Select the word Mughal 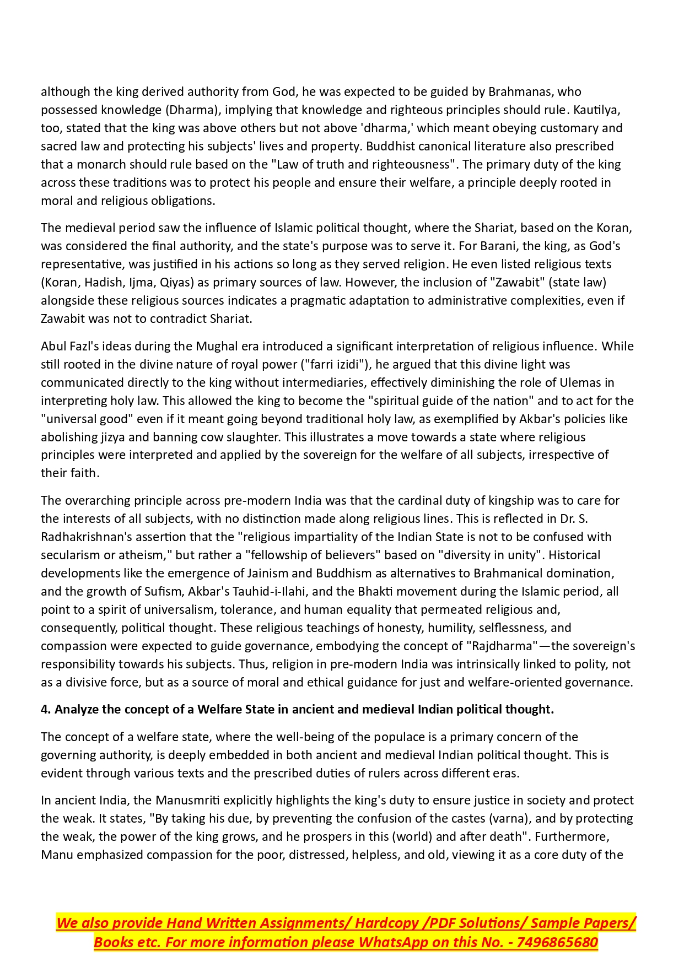click(215, 346)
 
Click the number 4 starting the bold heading click(45, 710)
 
